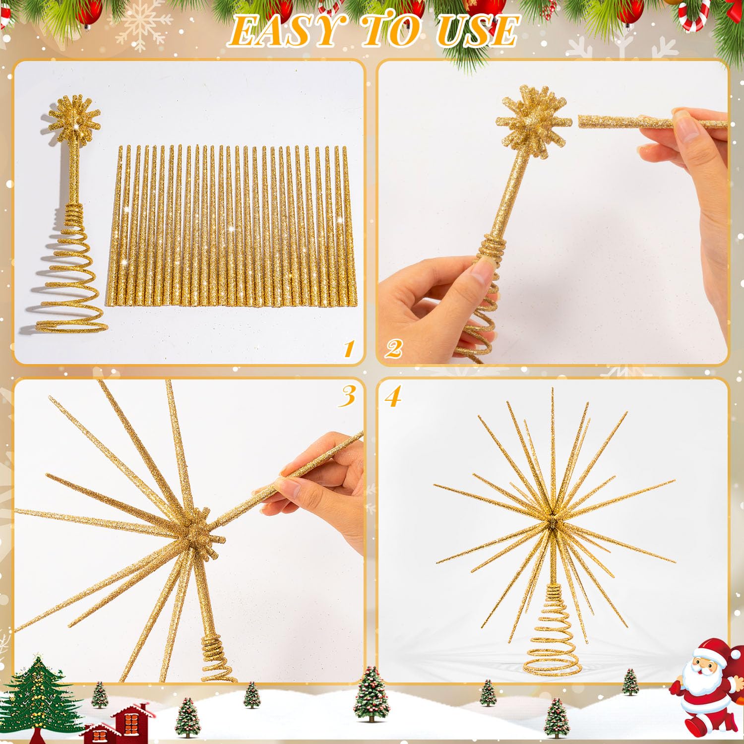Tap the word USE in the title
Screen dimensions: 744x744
point(477,31)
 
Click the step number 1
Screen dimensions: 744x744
point(349,349)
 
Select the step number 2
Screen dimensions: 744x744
point(393,349)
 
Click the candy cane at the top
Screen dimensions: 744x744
point(694,15)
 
